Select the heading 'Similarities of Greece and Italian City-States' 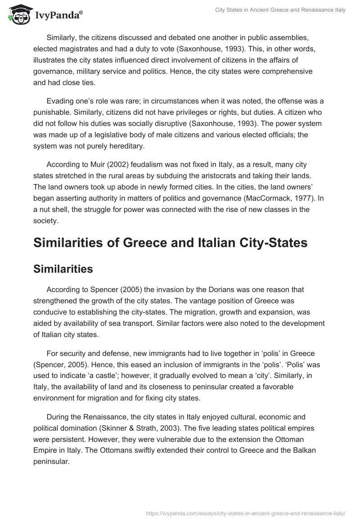(170, 243)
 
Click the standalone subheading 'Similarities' (63, 269)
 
